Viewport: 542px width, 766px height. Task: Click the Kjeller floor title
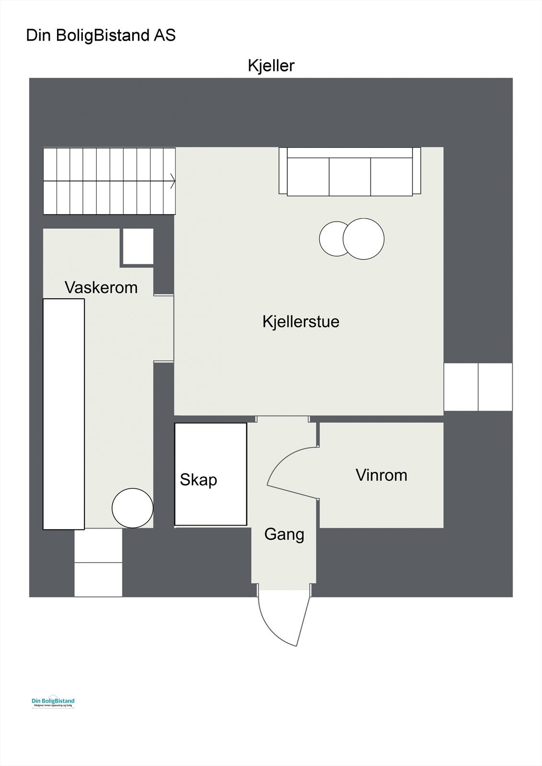271,66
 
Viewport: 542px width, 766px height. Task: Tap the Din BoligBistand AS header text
101,35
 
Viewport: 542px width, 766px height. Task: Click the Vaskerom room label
101,288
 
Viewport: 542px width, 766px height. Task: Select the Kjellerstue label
300,321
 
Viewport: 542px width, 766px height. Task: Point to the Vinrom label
381,475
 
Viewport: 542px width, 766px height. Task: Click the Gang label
284,534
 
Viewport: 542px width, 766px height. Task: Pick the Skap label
198,480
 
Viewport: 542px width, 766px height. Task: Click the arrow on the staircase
172,181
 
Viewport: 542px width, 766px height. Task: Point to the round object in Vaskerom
132,508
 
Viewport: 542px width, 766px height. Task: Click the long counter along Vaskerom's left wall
64,414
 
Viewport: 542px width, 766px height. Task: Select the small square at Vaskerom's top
138,247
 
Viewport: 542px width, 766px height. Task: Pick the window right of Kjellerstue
478,387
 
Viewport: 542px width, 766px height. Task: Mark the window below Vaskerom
98,563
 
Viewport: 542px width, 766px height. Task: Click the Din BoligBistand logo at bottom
53,702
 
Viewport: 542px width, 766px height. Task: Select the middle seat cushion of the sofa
350,176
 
